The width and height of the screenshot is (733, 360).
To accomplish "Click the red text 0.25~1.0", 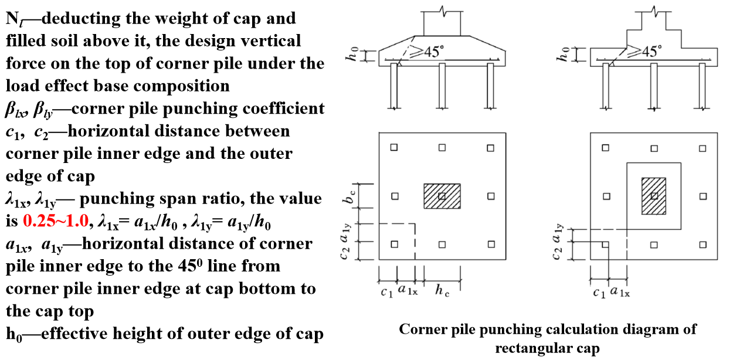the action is [x=56, y=221].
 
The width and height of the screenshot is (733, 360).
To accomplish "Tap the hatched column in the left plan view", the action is [x=442, y=196].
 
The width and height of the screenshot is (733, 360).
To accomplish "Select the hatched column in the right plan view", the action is [x=654, y=196].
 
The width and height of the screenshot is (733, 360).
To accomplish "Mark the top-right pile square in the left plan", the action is [x=490, y=147].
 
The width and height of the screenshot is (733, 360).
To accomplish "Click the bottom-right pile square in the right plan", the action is [x=701, y=244].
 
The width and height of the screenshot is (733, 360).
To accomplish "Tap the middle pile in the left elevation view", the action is [x=442, y=85].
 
